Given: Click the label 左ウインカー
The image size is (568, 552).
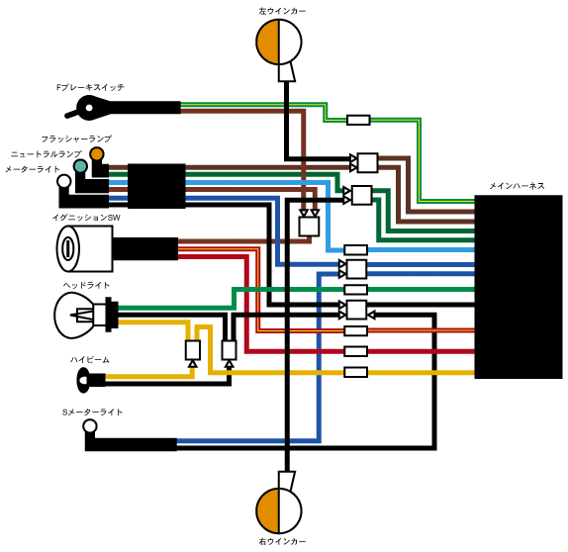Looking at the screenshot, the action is (282, 11).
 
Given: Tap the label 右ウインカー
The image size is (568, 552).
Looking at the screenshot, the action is (282, 541).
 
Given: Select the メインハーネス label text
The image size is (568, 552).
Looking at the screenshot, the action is (517, 186).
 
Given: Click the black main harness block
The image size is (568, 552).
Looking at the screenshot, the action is (519, 287).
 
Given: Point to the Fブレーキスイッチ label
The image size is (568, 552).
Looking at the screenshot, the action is (90, 87).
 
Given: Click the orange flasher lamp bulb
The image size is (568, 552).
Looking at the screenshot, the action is (97, 154).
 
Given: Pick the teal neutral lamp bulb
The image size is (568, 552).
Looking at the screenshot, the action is (80, 166).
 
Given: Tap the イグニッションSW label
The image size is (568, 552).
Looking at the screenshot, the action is (86, 218).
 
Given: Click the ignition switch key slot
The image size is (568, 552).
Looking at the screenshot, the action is (67, 249).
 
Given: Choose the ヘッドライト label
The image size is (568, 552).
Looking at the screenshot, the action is (86, 286).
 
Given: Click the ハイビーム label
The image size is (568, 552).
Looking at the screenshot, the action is (89, 360).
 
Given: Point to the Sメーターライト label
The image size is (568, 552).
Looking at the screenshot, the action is (92, 413).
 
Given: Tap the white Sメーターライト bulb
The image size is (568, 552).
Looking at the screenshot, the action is (90, 426).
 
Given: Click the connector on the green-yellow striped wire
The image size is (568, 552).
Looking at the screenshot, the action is (358, 120).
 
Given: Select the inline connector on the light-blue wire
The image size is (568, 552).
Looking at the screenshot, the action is (355, 249).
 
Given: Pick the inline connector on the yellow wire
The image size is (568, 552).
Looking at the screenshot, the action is (355, 372).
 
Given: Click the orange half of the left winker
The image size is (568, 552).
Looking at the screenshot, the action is (268, 42).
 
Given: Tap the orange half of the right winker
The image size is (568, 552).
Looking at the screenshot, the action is (268, 510).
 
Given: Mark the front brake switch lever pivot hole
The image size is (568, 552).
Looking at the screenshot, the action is (89, 108).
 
